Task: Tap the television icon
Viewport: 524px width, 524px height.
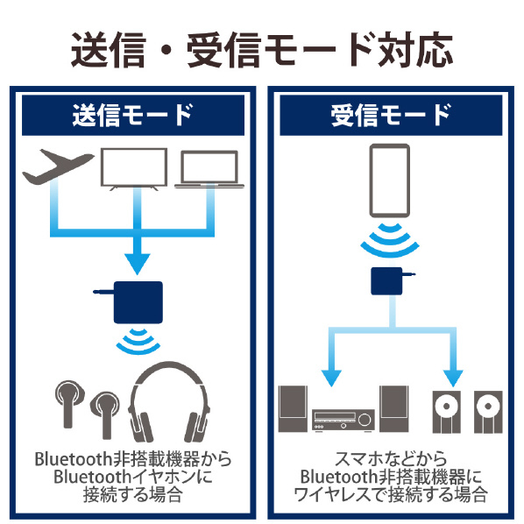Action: (x=134, y=169)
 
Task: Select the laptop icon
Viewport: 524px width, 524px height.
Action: (x=209, y=169)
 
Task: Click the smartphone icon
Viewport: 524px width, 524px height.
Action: (x=390, y=181)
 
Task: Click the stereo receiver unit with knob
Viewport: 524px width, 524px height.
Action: (x=343, y=420)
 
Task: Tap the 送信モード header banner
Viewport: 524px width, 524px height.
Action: (x=133, y=116)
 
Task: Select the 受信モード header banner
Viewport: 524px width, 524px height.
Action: (x=391, y=116)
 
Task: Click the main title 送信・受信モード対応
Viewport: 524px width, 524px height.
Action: (x=262, y=50)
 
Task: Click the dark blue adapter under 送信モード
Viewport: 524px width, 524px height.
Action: (x=138, y=302)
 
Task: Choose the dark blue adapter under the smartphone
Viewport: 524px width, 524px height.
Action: (x=386, y=281)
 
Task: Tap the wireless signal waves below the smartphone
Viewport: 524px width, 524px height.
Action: (x=390, y=240)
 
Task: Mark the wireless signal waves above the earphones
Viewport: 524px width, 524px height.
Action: (x=138, y=341)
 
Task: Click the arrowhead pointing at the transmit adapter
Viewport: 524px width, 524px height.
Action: (x=138, y=264)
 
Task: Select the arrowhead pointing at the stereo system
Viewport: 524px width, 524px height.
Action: (x=331, y=379)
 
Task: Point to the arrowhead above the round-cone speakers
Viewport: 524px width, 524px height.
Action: (x=453, y=379)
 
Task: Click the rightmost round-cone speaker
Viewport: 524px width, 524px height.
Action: (x=488, y=412)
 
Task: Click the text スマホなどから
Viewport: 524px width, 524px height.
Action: (x=391, y=459)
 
